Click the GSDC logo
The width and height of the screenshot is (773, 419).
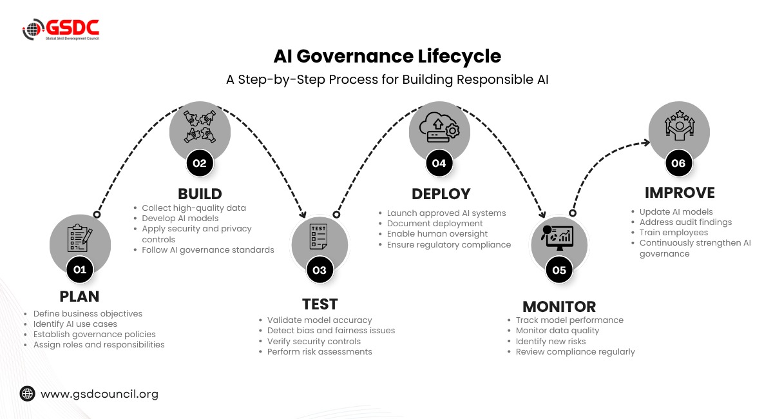click(61, 29)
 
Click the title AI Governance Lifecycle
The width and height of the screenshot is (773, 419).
click(387, 56)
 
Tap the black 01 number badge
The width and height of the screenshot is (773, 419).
click(80, 269)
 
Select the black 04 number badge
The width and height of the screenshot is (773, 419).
click(439, 163)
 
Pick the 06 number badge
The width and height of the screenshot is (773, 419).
click(678, 163)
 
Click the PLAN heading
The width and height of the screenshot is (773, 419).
click(79, 297)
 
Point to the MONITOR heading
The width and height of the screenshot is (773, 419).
click(559, 307)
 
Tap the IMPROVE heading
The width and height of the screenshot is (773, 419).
click(680, 193)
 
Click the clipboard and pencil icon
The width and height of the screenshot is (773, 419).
click(80, 238)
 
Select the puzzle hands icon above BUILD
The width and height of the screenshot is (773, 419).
click(200, 126)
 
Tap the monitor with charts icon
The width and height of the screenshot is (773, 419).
click(557, 237)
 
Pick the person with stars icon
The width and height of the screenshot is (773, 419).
click(680, 125)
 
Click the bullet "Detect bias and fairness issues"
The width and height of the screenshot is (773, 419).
click(331, 331)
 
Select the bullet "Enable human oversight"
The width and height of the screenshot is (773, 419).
click(437, 234)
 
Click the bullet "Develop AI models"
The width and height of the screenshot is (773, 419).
click(180, 219)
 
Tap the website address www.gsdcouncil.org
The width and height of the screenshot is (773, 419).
click(99, 394)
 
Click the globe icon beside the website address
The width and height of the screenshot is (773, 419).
click(27, 393)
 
